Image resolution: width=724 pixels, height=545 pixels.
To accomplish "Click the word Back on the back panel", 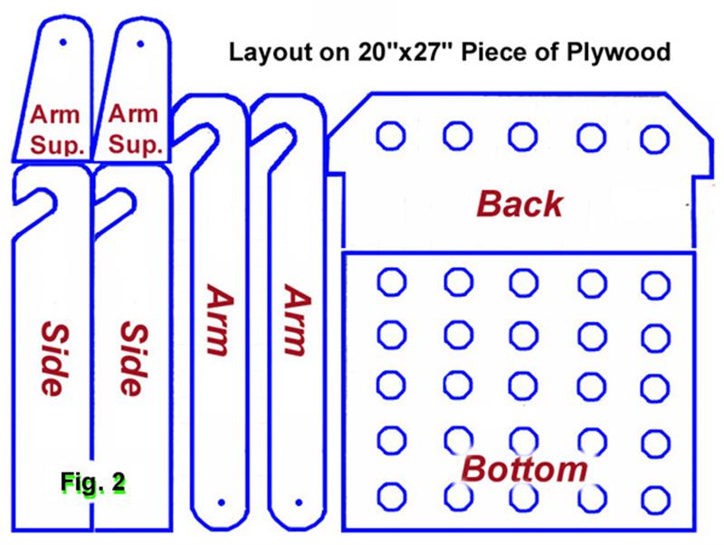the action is point(519,204).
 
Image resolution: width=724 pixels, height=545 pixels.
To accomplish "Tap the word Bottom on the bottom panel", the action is point(524,469).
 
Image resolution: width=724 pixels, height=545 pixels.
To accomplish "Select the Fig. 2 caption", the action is point(92,483).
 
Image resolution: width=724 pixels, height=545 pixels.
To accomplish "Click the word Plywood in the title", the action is point(618,52).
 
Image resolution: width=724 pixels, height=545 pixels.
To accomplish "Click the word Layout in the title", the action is point(271,52).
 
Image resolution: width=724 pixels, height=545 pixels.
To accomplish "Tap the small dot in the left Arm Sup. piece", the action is point(62,43).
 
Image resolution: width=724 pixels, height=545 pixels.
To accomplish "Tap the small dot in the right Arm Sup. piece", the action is point(140,43).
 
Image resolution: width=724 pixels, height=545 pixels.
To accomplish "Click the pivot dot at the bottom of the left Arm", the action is point(221,502).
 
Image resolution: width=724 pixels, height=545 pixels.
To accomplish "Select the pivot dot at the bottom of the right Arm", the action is point(299,502).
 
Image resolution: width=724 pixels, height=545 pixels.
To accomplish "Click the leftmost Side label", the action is point(55,359).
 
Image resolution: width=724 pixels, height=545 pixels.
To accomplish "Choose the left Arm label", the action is point(219,320).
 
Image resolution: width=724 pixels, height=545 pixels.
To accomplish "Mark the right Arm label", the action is point(298,320).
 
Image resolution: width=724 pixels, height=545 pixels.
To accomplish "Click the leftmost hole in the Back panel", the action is point(391,136).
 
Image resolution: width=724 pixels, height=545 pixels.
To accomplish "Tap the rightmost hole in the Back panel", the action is point(654,139).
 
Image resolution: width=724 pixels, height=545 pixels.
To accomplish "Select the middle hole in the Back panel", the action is point(523,137).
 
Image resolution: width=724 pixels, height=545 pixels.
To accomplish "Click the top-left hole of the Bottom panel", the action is point(392,282).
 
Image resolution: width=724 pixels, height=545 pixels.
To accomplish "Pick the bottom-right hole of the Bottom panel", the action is point(655,500).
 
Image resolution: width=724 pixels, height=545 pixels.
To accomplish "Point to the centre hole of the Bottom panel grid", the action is point(523,385).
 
